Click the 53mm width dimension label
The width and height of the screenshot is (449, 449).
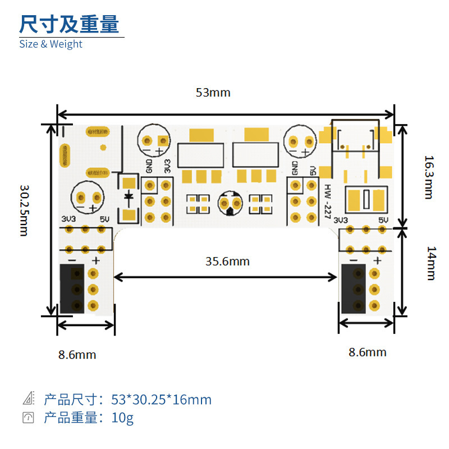[x=213, y=93]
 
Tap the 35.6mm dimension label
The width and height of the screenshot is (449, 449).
[x=227, y=261]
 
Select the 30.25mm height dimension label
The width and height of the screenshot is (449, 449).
[x=24, y=210]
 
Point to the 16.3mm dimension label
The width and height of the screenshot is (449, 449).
[x=428, y=177]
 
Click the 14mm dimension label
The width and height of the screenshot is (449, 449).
[x=430, y=263]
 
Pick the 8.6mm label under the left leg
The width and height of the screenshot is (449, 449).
[x=77, y=355]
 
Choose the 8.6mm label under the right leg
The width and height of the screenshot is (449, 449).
[x=367, y=352]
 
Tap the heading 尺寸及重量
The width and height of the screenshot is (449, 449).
[x=69, y=25]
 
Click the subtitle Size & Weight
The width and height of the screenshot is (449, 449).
[x=51, y=44]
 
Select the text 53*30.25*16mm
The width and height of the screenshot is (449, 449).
[x=161, y=400]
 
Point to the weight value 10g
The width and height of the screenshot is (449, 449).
[x=123, y=418]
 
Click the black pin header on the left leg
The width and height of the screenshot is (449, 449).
[x=72, y=289]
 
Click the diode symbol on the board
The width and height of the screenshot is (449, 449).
[x=129, y=196]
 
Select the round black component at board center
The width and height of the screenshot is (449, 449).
[x=230, y=203]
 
